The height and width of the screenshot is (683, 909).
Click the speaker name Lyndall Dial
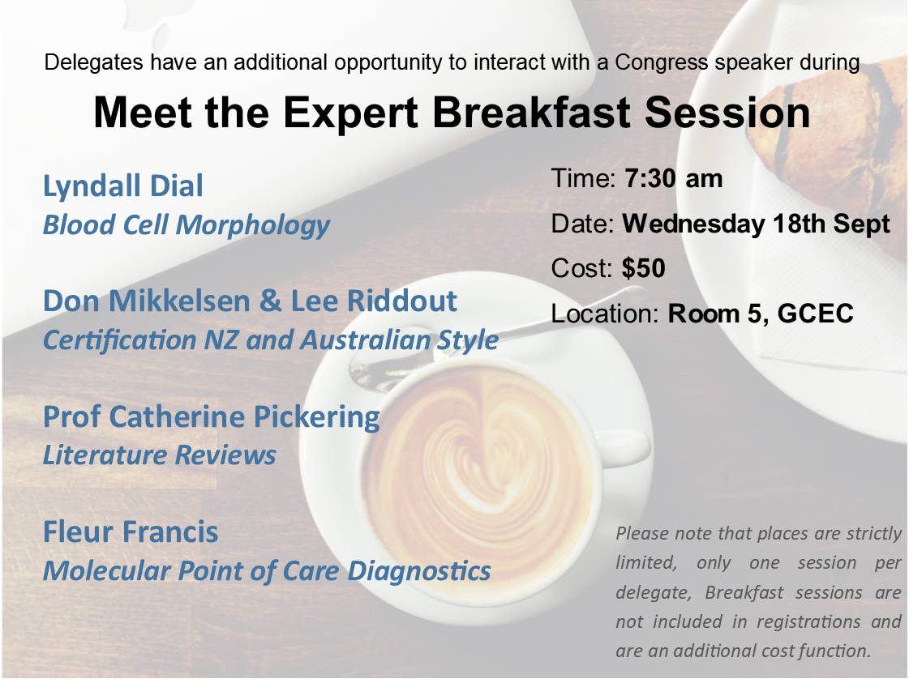[x=123, y=186]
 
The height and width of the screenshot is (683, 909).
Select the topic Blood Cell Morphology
[x=186, y=224]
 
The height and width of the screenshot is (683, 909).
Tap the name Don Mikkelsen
[x=146, y=301]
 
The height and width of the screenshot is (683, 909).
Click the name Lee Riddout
[x=373, y=301]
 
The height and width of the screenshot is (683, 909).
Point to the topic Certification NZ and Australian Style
[x=271, y=339]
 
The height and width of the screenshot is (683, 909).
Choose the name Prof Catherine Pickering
[x=211, y=417]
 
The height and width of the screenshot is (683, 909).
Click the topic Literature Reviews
[x=160, y=455]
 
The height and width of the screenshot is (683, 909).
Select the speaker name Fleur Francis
[x=131, y=531]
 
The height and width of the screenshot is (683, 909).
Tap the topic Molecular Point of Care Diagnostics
[x=267, y=571]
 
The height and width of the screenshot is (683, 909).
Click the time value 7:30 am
[x=674, y=178]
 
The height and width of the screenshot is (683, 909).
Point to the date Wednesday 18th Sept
[x=756, y=224]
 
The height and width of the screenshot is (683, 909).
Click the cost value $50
[x=644, y=268]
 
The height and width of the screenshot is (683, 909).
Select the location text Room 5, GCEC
[x=761, y=314]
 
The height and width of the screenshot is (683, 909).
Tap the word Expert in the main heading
[x=350, y=113]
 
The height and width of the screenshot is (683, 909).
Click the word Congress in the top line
[x=662, y=62]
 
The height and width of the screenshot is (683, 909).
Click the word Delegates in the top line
[x=93, y=62]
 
